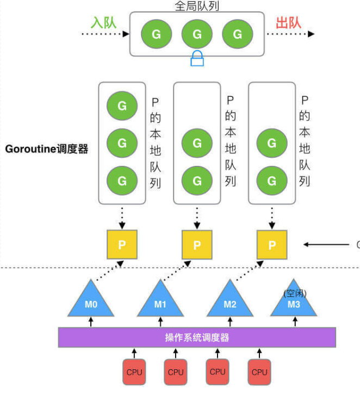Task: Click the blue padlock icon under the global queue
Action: [x=197, y=59]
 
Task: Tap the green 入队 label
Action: [x=103, y=23]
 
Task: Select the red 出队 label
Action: [x=289, y=23]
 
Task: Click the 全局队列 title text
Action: [x=196, y=6]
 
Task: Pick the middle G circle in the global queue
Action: [x=197, y=34]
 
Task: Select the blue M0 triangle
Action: [x=91, y=302]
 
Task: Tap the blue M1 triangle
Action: [x=160, y=302]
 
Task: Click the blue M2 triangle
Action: [x=230, y=302]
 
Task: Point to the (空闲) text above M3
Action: [x=295, y=293]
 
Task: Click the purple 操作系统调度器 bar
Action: [x=197, y=337]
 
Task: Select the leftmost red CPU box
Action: [x=134, y=372]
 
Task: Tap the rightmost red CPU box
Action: [x=259, y=372]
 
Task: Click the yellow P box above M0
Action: [x=122, y=244]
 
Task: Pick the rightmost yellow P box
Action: [x=271, y=244]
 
